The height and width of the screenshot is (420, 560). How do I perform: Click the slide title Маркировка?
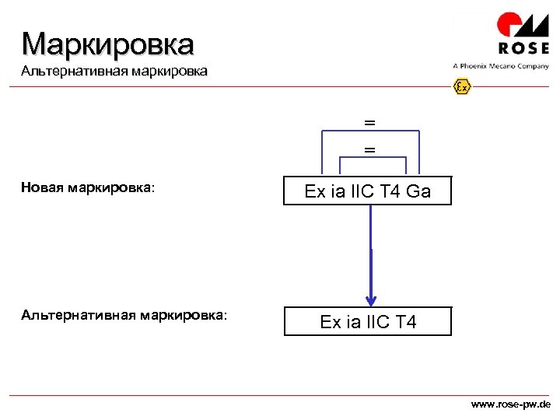click(x=107, y=44)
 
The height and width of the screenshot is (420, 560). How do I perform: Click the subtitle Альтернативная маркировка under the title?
click(x=114, y=72)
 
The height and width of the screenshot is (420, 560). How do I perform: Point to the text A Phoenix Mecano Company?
click(x=500, y=66)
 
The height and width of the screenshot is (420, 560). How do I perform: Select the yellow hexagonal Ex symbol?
click(x=463, y=86)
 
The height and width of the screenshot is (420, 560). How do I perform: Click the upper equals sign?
click(x=369, y=123)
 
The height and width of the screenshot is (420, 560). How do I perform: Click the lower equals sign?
click(x=369, y=149)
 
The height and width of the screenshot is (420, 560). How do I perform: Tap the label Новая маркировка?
click(x=88, y=187)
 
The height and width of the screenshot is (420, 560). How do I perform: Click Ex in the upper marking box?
click(x=315, y=191)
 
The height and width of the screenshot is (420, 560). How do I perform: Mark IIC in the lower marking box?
click(x=376, y=321)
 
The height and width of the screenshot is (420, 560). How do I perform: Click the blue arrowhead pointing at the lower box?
click(x=371, y=298)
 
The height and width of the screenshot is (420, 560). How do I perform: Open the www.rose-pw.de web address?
click(x=511, y=405)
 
